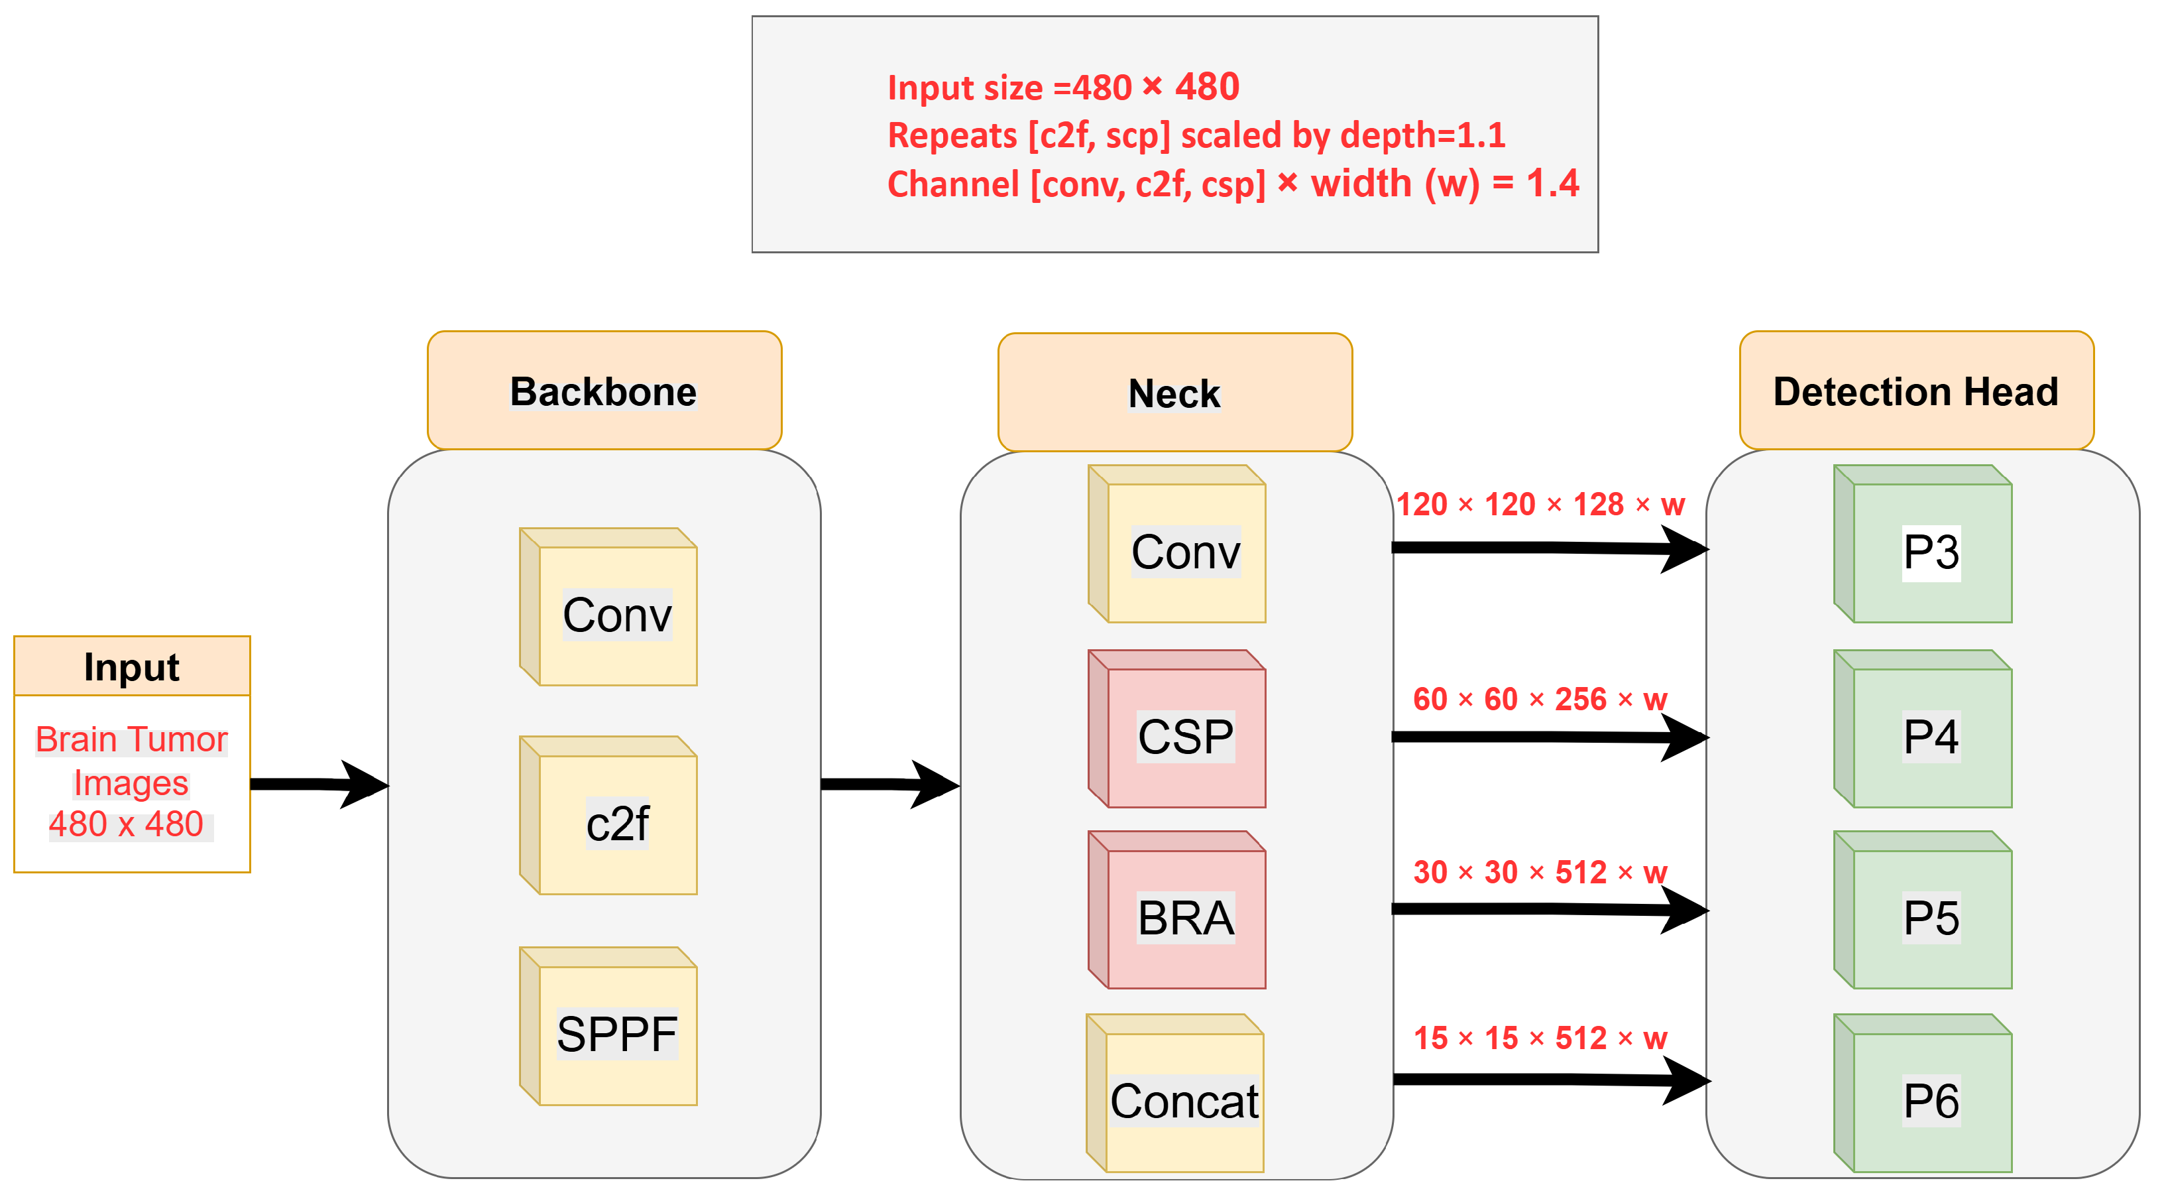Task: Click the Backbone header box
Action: [604, 391]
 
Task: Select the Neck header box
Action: [1174, 392]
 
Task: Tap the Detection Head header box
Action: [1916, 391]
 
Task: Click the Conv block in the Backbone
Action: [608, 607]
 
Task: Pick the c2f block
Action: [608, 815]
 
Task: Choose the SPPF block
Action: [608, 1025]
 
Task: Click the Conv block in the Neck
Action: [1177, 543]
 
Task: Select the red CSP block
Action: [1177, 728]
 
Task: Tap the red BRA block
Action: [1177, 909]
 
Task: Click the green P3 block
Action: [1923, 543]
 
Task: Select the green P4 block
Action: [1923, 728]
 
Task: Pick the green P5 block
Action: [1923, 909]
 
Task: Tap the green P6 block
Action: [1923, 1093]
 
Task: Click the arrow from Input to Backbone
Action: [319, 784]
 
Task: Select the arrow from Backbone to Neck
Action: [890, 784]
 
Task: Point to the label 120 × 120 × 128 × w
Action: [1540, 504]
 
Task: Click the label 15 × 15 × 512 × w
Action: [1540, 1038]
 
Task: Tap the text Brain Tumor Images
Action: [131, 761]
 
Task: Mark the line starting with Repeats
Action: [1196, 135]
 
